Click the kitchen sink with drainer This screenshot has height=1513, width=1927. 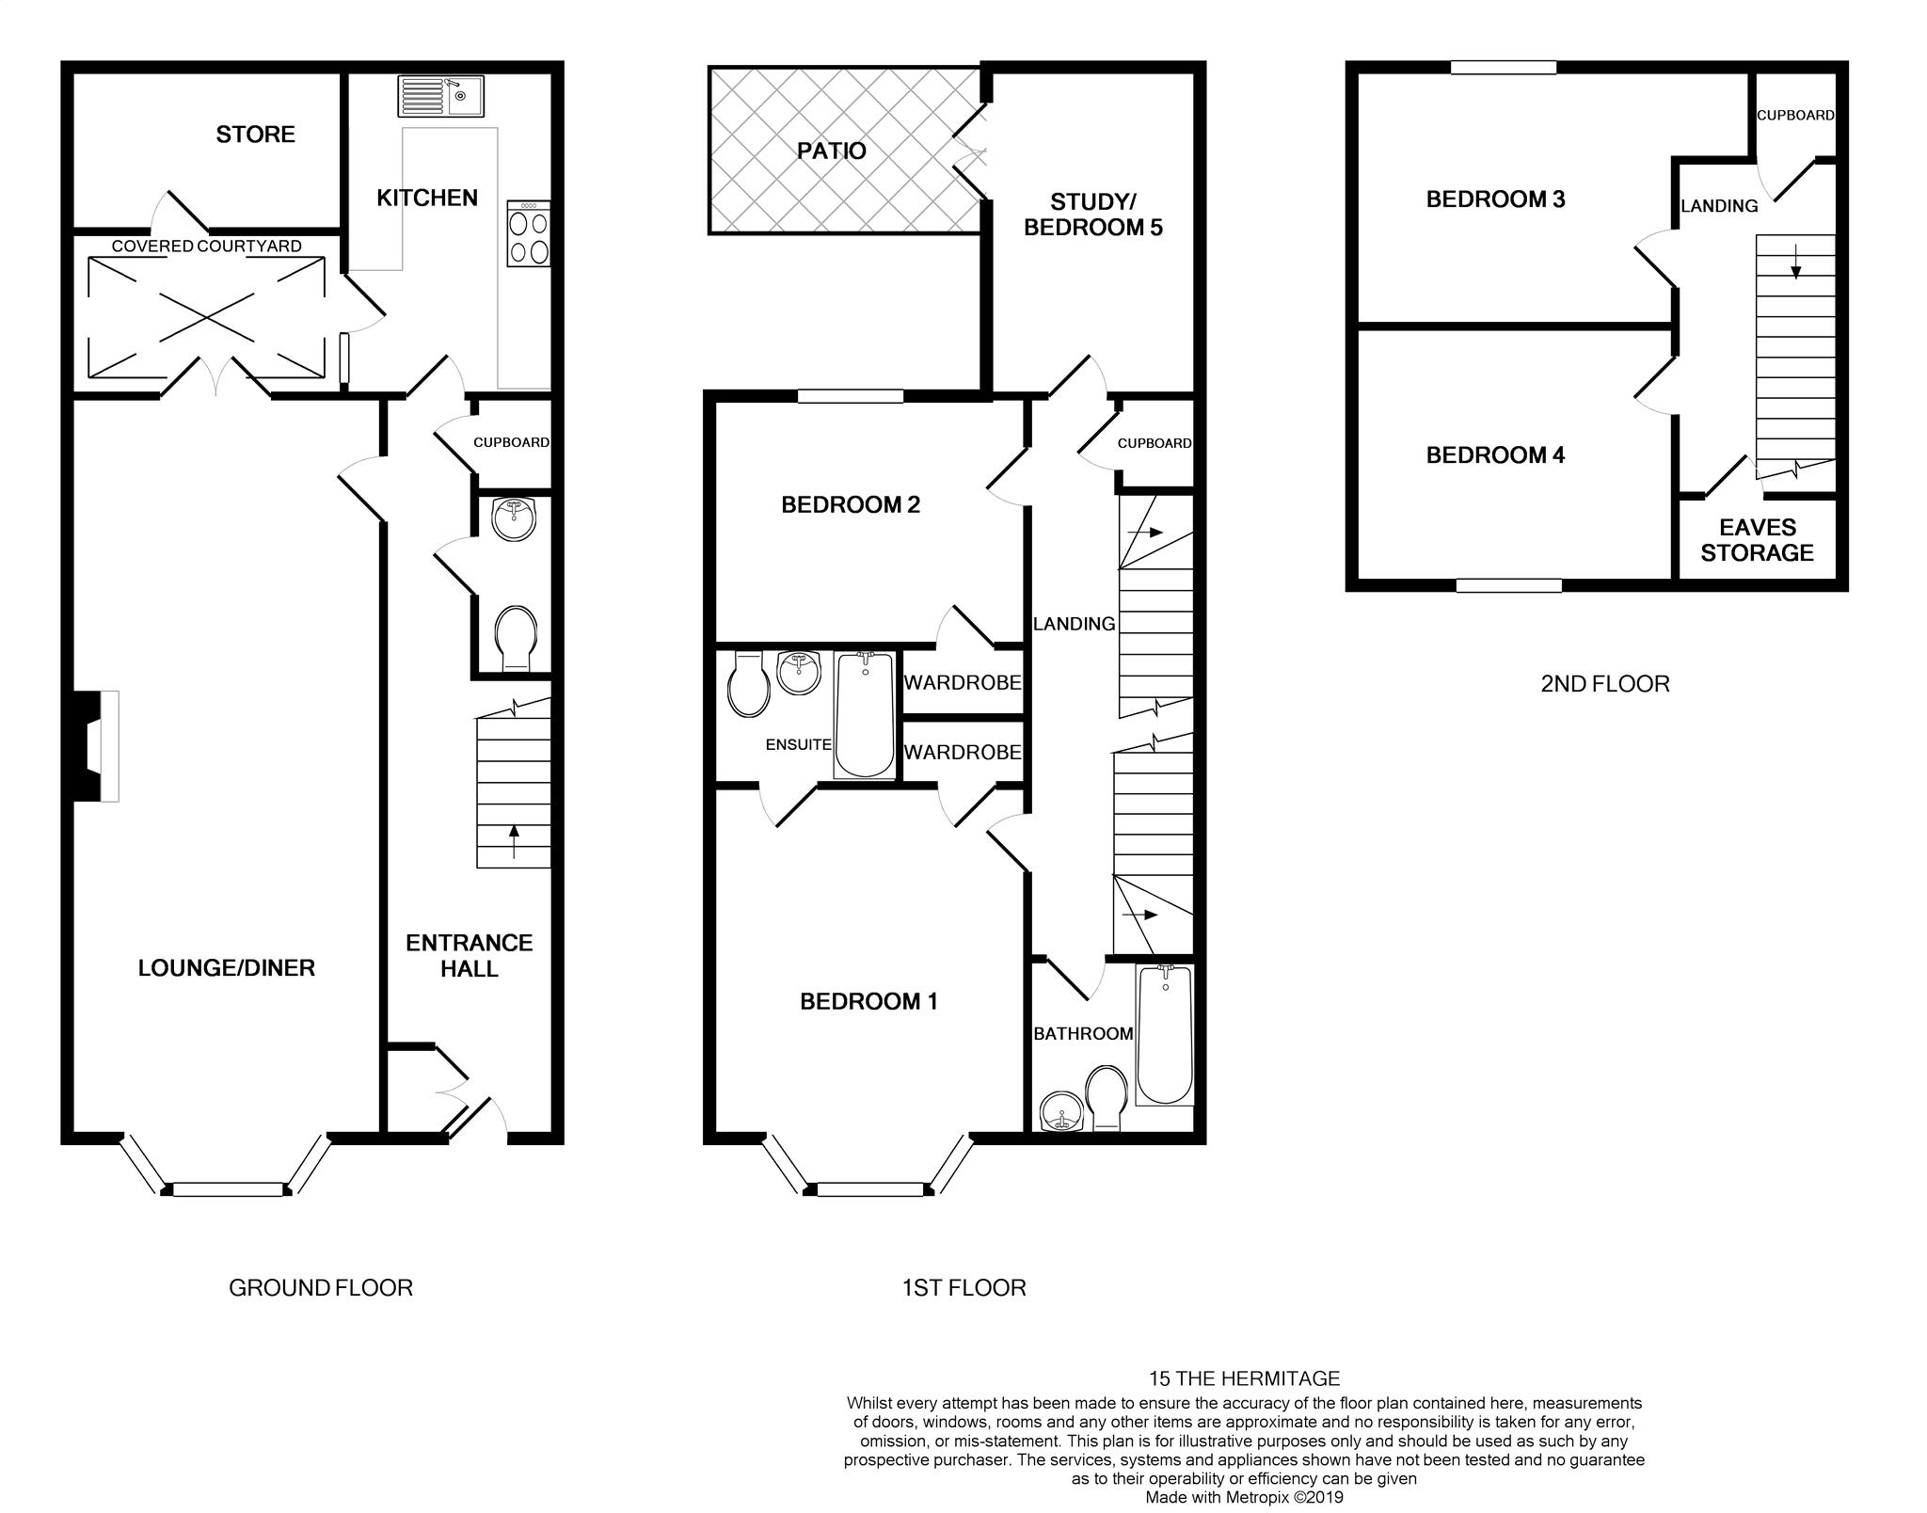(x=440, y=96)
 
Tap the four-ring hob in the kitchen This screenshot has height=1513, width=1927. (x=528, y=233)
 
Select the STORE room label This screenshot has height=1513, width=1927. (x=255, y=135)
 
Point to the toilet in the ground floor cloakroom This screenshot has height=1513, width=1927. (x=515, y=636)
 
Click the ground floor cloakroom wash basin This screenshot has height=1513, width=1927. (x=514, y=518)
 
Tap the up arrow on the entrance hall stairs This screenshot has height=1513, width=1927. (x=514, y=840)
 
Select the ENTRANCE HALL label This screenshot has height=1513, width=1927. (x=469, y=955)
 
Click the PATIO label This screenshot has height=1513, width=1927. (x=831, y=151)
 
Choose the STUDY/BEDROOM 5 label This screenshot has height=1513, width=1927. (x=1092, y=215)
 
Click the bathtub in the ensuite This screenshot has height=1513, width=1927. (x=865, y=715)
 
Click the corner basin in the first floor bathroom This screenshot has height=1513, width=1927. (x=1061, y=1112)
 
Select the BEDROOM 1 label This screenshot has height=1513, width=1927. (x=868, y=1001)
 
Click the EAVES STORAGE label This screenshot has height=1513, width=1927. (x=1757, y=540)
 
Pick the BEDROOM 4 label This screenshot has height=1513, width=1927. (x=1495, y=455)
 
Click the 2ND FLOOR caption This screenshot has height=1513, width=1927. (x=1604, y=684)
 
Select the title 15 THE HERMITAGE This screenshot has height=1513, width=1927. (x=1244, y=1378)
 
